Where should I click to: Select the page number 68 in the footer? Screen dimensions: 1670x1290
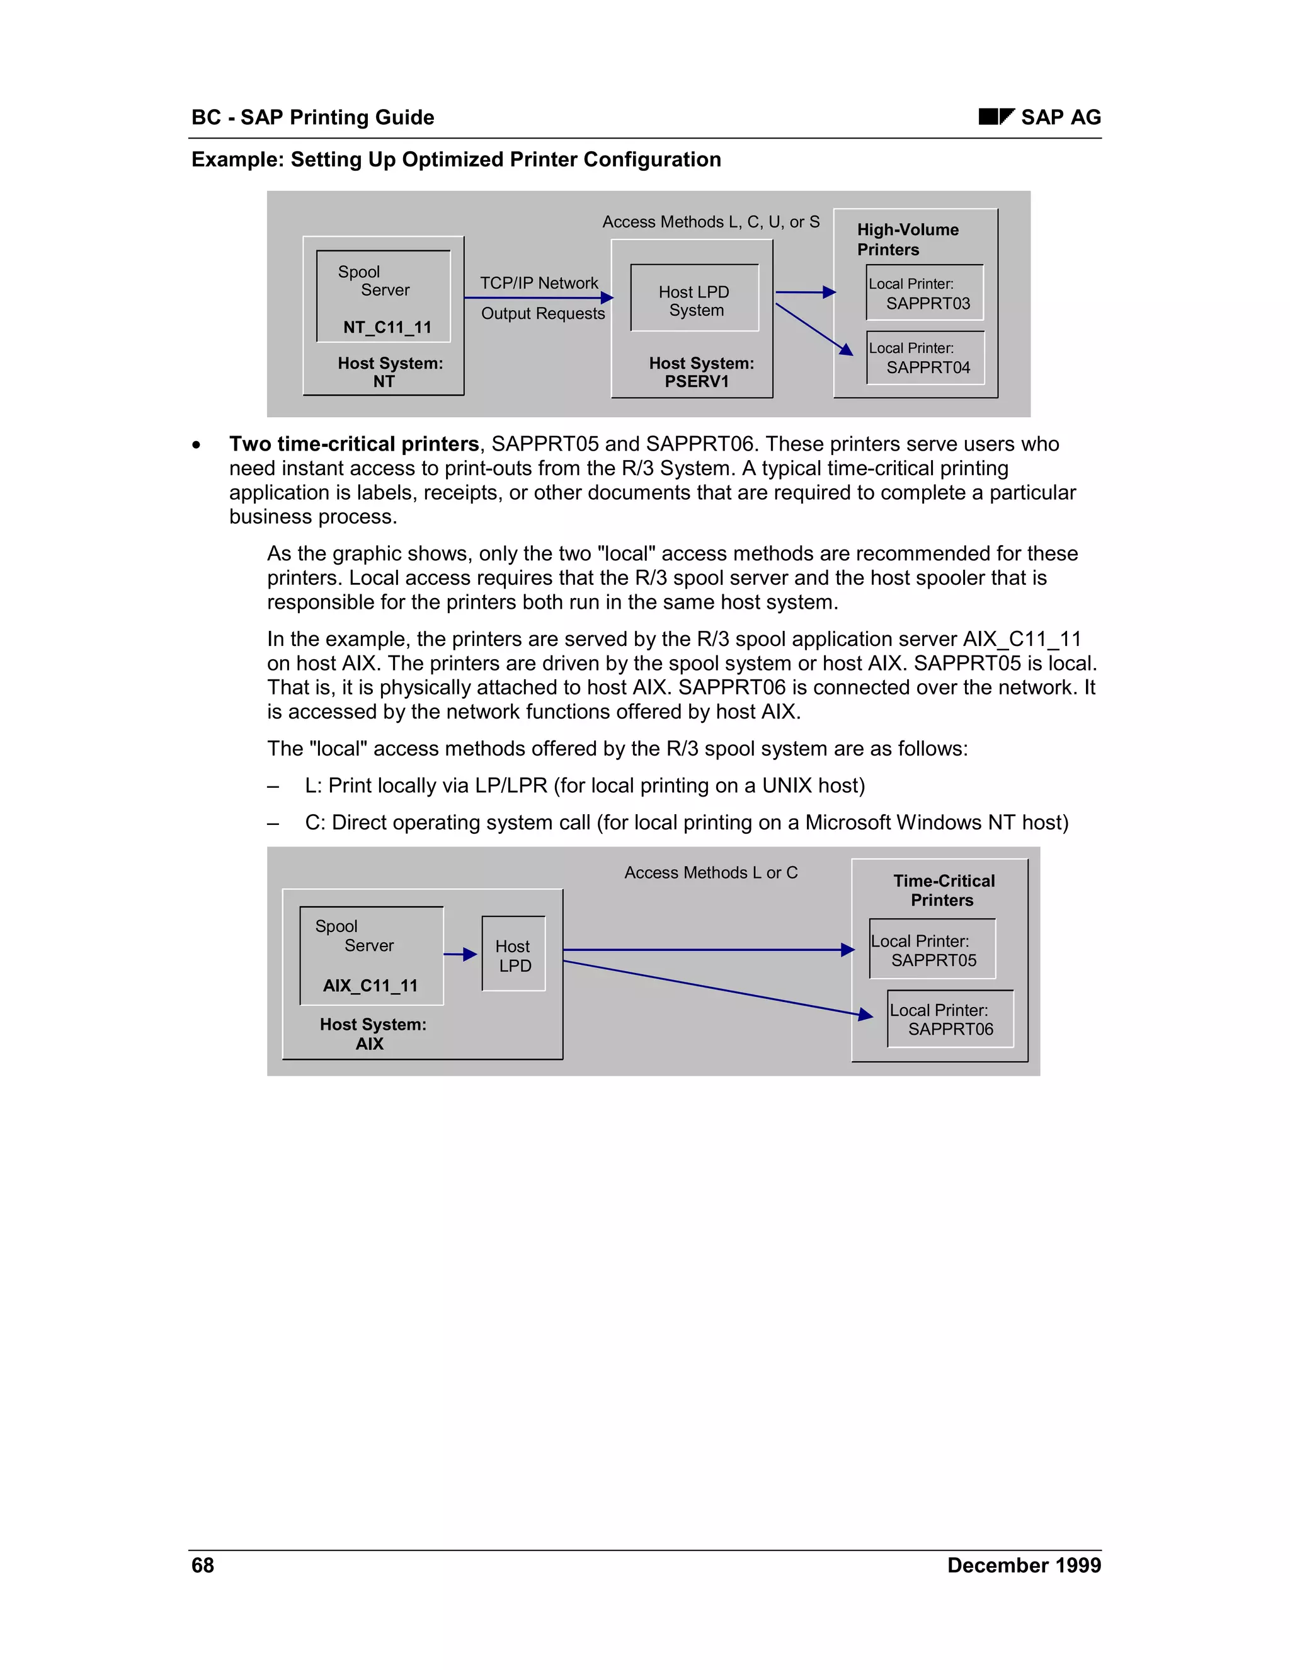click(203, 1565)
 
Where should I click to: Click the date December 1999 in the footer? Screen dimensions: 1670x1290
click(1024, 1565)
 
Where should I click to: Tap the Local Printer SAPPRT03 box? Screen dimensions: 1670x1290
click(925, 293)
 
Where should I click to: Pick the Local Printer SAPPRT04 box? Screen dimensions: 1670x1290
click(925, 358)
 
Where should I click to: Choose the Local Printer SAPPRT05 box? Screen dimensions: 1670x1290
click(932, 950)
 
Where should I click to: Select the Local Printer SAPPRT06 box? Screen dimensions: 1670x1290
click(950, 1019)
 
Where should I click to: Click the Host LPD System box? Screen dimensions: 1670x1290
click(695, 299)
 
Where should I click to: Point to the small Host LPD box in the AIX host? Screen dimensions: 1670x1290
click(513, 954)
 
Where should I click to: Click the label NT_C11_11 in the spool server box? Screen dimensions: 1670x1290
click(387, 327)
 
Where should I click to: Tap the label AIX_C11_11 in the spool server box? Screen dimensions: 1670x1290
click(370, 986)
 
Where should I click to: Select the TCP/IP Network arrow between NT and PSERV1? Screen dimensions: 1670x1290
click(539, 297)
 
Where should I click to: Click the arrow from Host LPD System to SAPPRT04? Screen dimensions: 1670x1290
click(813, 329)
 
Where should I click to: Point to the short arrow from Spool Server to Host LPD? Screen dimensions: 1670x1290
click(460, 954)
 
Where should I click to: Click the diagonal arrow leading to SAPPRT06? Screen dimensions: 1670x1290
click(718, 989)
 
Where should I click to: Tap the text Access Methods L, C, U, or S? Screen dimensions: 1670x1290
click(711, 222)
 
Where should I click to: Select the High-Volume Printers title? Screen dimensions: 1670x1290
click(907, 239)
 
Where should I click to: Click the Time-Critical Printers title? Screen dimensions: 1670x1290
click(944, 890)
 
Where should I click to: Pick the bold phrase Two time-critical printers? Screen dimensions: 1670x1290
click(354, 444)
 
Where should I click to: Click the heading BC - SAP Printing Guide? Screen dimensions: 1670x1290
click(312, 117)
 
